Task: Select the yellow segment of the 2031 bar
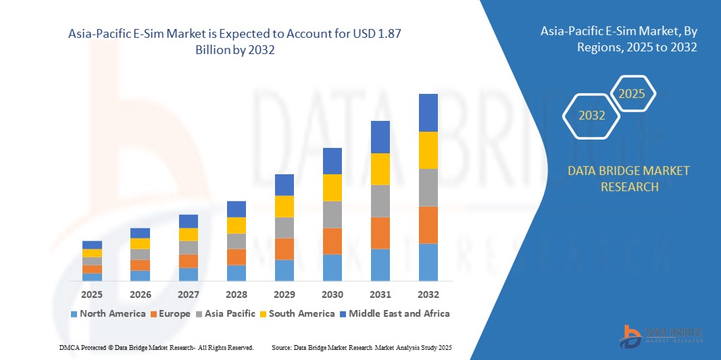[x=380, y=169]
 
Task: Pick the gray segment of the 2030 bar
[x=332, y=215]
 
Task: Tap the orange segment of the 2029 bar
[x=284, y=249]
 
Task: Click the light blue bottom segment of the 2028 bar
[x=237, y=273]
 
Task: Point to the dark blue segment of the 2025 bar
[x=93, y=245]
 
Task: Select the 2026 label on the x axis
[x=141, y=294]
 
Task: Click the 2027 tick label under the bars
[x=189, y=294]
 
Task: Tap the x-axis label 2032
[x=428, y=294]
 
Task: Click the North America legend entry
[x=107, y=313]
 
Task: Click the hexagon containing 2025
[x=632, y=94]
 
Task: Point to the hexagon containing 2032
[x=592, y=115]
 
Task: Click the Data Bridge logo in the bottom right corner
[x=661, y=335]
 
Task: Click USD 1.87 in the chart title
[x=383, y=33]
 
